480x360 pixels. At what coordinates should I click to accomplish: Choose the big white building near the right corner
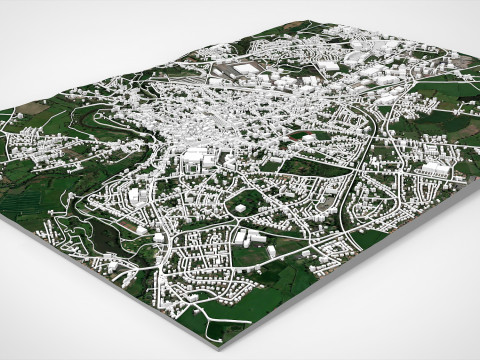tap(434, 169)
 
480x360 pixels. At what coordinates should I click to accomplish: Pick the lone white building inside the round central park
tap(241, 207)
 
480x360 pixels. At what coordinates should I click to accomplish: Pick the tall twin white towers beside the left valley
tap(134, 196)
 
